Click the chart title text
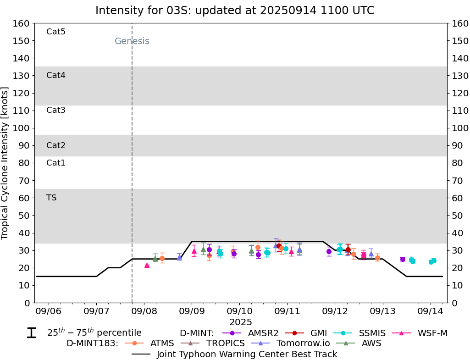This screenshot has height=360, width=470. (x=235, y=11)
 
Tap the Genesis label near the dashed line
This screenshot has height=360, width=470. (x=132, y=41)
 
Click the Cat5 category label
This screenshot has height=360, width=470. (x=56, y=32)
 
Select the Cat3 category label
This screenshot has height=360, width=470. (x=56, y=110)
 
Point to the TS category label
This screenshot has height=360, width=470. (x=51, y=198)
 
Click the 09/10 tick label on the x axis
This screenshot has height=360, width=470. (x=239, y=311)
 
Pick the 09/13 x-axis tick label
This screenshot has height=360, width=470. (x=382, y=311)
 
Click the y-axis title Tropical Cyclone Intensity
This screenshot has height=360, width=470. (x=5, y=163)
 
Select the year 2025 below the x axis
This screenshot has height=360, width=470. (x=241, y=322)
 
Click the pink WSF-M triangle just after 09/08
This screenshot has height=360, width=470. (x=147, y=265)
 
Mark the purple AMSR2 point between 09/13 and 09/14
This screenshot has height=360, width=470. (x=403, y=259)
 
